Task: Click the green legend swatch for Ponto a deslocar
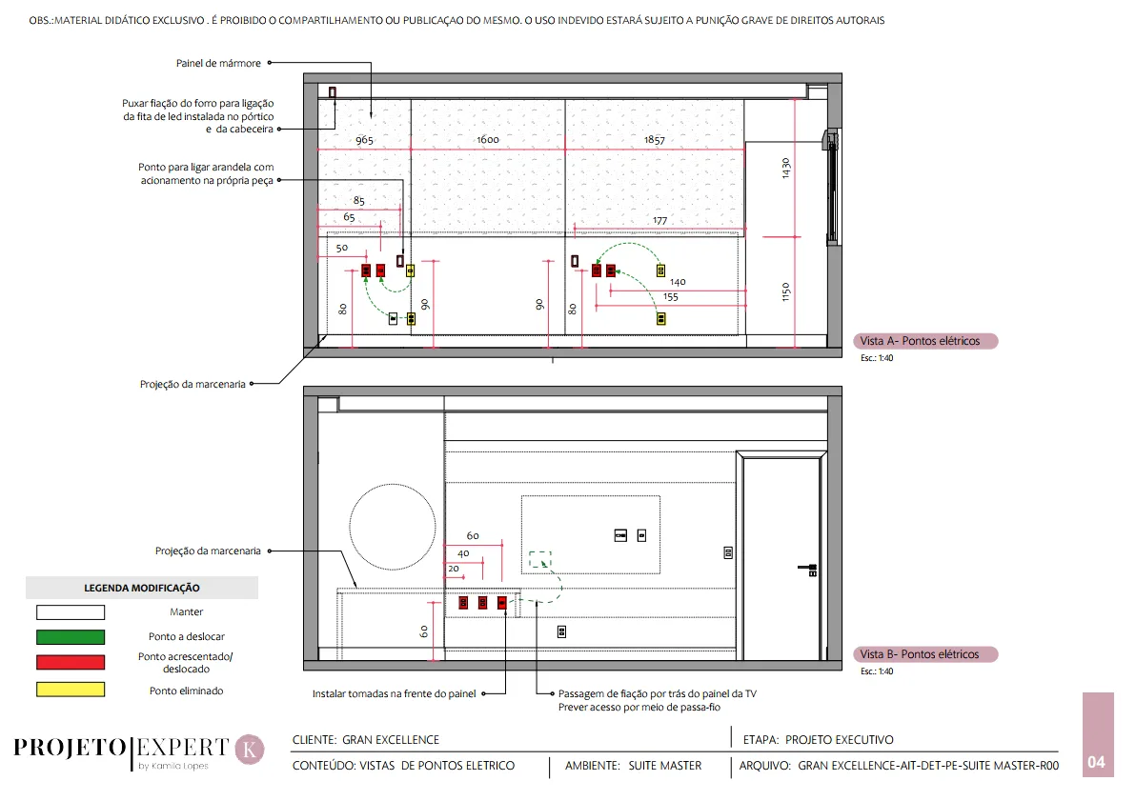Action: tap(71, 636)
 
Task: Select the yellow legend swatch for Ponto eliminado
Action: tap(71, 690)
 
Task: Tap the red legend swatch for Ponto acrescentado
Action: tap(71, 662)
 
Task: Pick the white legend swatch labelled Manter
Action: tap(71, 612)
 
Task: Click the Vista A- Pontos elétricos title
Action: tap(920, 341)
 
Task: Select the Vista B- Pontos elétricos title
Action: tap(920, 654)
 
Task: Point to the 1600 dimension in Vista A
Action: tap(488, 139)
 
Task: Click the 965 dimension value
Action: tap(364, 140)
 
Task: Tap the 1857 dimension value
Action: tap(654, 140)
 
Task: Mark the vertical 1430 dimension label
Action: tap(786, 168)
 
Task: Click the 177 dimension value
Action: tap(660, 220)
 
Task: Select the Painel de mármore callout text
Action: tap(218, 63)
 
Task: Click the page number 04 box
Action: tap(1098, 734)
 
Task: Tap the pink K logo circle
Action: tap(250, 750)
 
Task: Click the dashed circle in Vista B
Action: tap(393, 485)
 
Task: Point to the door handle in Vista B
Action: tap(808, 570)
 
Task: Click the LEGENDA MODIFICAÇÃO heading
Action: tap(142, 588)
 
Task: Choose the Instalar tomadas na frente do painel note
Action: tap(395, 693)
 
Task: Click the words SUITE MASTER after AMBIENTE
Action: tap(665, 766)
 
